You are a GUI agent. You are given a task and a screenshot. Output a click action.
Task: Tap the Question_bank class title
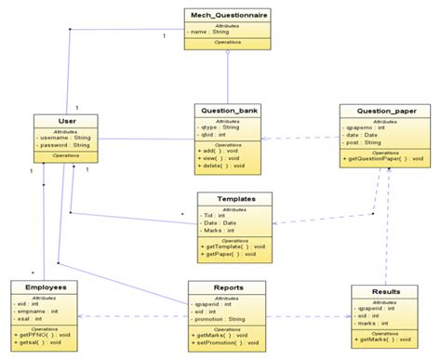(227, 110)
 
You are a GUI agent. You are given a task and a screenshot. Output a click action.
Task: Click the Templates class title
(234, 199)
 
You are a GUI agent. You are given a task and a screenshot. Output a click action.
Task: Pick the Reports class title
(228, 287)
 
